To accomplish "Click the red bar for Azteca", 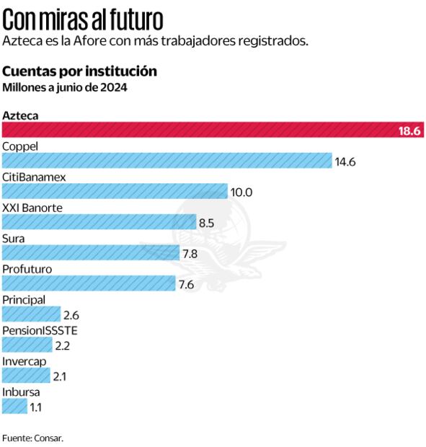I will click(x=195, y=130).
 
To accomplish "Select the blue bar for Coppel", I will click(x=167, y=161).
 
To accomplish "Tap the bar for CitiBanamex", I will click(x=114, y=191).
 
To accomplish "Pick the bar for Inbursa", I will click(x=14, y=407).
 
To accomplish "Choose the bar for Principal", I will click(x=31, y=314).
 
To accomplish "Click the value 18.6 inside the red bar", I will click(x=409, y=130).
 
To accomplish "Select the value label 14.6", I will click(x=345, y=161).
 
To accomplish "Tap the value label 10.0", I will click(x=241, y=192).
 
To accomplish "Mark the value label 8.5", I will click(x=206, y=223).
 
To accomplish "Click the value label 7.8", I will click(x=190, y=253).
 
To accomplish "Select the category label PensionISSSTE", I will click(x=40, y=330).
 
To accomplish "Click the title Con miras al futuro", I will click(x=83, y=17).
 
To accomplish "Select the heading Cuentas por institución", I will click(x=79, y=71).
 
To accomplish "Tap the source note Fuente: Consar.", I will click(x=32, y=438).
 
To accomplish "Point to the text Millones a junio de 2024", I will click(x=65, y=88).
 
